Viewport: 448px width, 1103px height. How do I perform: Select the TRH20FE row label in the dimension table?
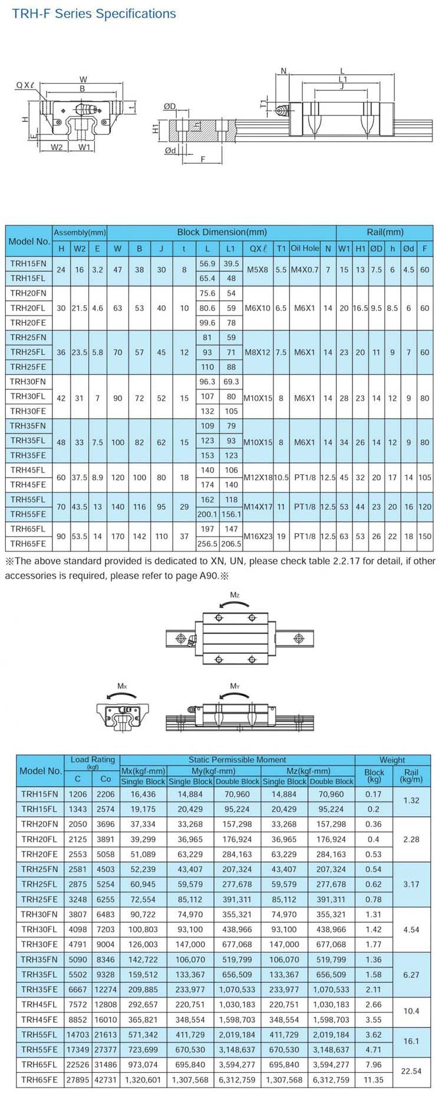(x=28, y=323)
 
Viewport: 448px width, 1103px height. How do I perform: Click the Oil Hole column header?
(x=305, y=248)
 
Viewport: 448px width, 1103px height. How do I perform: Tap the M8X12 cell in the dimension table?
(x=257, y=352)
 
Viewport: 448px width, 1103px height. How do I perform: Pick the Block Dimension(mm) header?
(x=222, y=232)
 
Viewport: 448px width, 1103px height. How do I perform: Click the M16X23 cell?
(x=257, y=536)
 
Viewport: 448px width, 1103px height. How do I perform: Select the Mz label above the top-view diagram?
(x=235, y=596)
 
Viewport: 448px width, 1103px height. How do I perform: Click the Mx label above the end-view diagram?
(x=122, y=686)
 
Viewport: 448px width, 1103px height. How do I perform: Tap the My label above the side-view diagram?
(x=235, y=686)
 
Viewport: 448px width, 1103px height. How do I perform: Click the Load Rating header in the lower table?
(x=93, y=760)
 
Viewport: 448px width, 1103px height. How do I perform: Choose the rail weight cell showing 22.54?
(x=411, y=1071)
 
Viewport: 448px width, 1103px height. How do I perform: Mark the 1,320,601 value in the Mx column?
(x=143, y=1079)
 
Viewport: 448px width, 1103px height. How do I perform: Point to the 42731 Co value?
(x=106, y=1079)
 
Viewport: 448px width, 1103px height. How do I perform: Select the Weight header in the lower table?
(x=392, y=759)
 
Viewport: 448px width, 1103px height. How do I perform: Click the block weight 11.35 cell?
(x=374, y=1079)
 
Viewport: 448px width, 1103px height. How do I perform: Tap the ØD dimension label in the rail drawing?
(x=170, y=106)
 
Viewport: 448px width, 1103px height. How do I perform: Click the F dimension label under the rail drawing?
(x=203, y=160)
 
